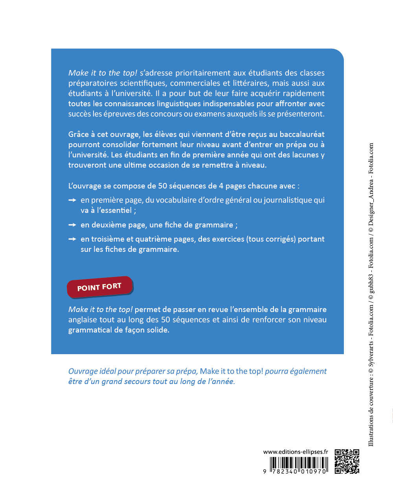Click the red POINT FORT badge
pos(99,287)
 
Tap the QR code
pos(347,461)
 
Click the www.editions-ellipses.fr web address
pos(295,452)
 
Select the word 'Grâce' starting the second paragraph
pos(78,135)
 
